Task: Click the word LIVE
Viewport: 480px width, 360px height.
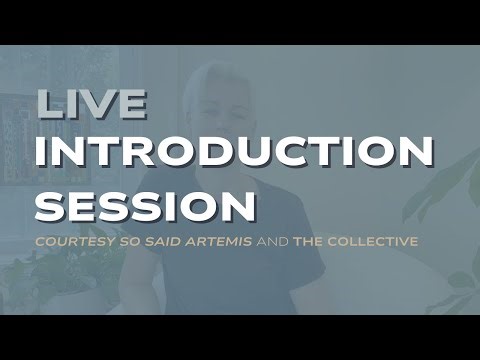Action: [x=91, y=104]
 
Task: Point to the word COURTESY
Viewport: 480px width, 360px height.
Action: [x=73, y=241]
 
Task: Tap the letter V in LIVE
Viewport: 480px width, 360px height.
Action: [x=104, y=104]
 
